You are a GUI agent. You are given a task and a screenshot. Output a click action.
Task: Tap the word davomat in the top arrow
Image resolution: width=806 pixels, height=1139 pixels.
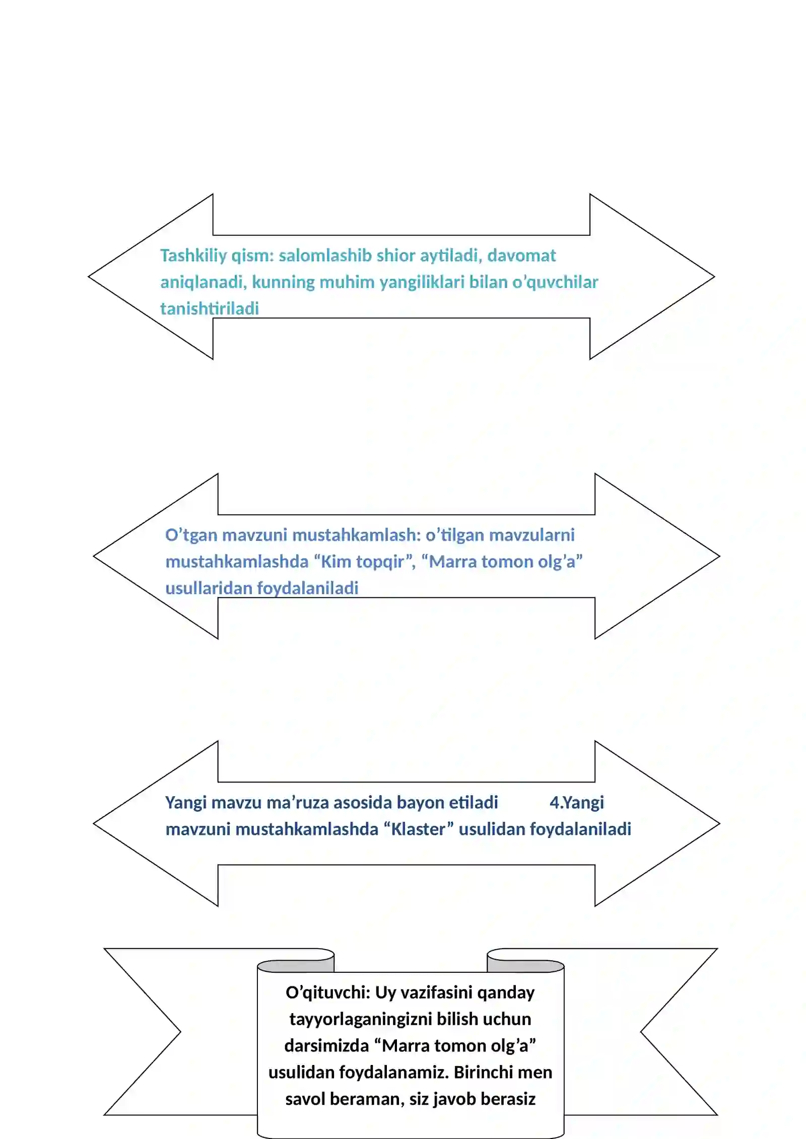[x=521, y=256]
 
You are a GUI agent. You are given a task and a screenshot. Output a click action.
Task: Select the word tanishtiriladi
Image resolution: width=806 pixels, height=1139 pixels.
[x=210, y=309]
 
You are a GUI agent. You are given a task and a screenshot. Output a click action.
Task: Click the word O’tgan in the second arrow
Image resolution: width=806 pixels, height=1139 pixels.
[x=191, y=535]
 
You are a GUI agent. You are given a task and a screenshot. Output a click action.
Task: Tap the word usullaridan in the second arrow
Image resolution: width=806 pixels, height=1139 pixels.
[x=209, y=588]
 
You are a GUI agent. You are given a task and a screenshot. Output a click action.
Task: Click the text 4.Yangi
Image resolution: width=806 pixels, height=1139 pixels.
[x=576, y=803]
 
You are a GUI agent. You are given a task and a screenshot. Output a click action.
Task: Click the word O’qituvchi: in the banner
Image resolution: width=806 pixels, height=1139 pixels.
[x=328, y=992]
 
